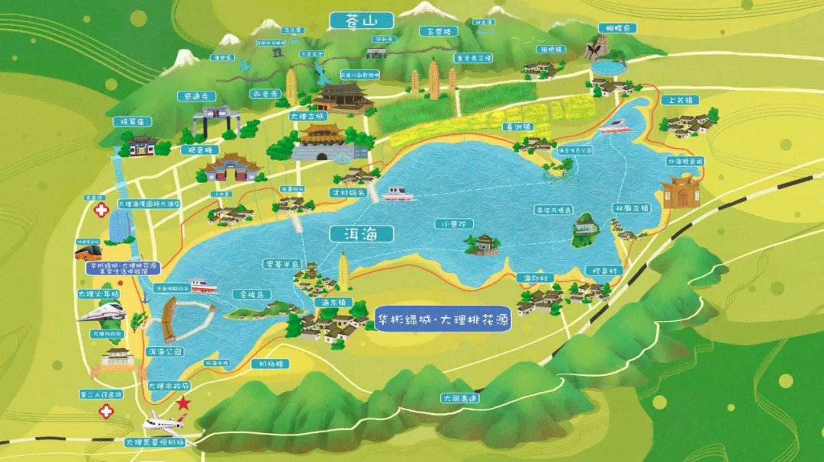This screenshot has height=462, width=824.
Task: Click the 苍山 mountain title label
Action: click(x=362, y=21)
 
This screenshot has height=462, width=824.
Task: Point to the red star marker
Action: click(x=183, y=403)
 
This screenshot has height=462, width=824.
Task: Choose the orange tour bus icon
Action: click(x=88, y=252)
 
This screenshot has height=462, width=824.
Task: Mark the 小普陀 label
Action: click(x=455, y=224)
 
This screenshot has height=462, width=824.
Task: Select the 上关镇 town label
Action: click(x=681, y=100)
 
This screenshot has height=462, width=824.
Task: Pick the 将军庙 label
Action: click(x=133, y=122)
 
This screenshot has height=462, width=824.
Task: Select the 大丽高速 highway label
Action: click(x=460, y=397)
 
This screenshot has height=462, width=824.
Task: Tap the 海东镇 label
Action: click(x=332, y=303)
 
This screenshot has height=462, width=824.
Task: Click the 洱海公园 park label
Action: click(x=164, y=351)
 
